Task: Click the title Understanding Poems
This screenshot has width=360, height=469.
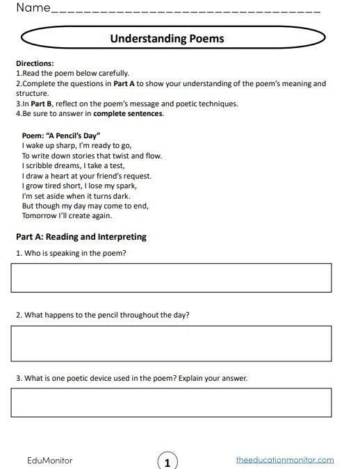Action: [167, 39]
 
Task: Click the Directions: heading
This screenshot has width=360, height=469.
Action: [35, 63]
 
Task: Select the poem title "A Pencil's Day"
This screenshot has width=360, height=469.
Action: [62, 136]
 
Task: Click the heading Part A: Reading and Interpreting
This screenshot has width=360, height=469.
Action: [81, 237]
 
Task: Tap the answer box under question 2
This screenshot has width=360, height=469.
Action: [171, 343]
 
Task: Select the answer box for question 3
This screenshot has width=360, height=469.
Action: [171, 402]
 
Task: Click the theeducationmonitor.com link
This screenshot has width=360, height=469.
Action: [285, 460]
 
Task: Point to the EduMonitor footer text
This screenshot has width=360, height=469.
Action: [49, 461]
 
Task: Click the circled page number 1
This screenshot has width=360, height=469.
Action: [167, 461]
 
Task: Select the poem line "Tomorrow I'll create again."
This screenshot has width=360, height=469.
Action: [67, 215]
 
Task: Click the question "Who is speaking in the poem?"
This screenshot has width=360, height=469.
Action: [71, 254]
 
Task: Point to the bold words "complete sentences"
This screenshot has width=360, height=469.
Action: [128, 113]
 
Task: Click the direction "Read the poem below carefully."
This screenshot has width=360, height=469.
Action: [72, 73]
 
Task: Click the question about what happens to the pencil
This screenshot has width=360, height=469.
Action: [103, 315]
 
